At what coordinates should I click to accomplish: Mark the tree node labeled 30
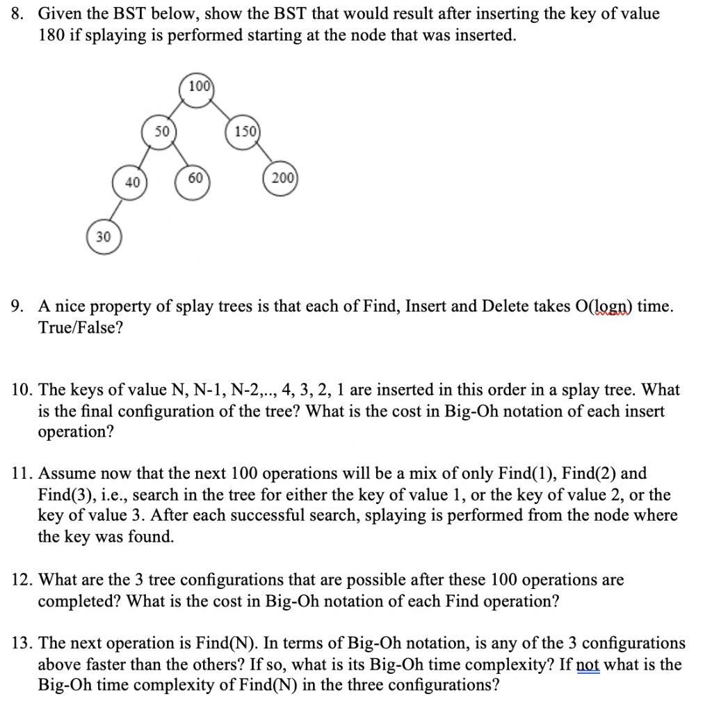click(103, 237)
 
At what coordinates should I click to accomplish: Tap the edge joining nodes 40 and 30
click(117, 210)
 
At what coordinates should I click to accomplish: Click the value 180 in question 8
click(51, 35)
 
